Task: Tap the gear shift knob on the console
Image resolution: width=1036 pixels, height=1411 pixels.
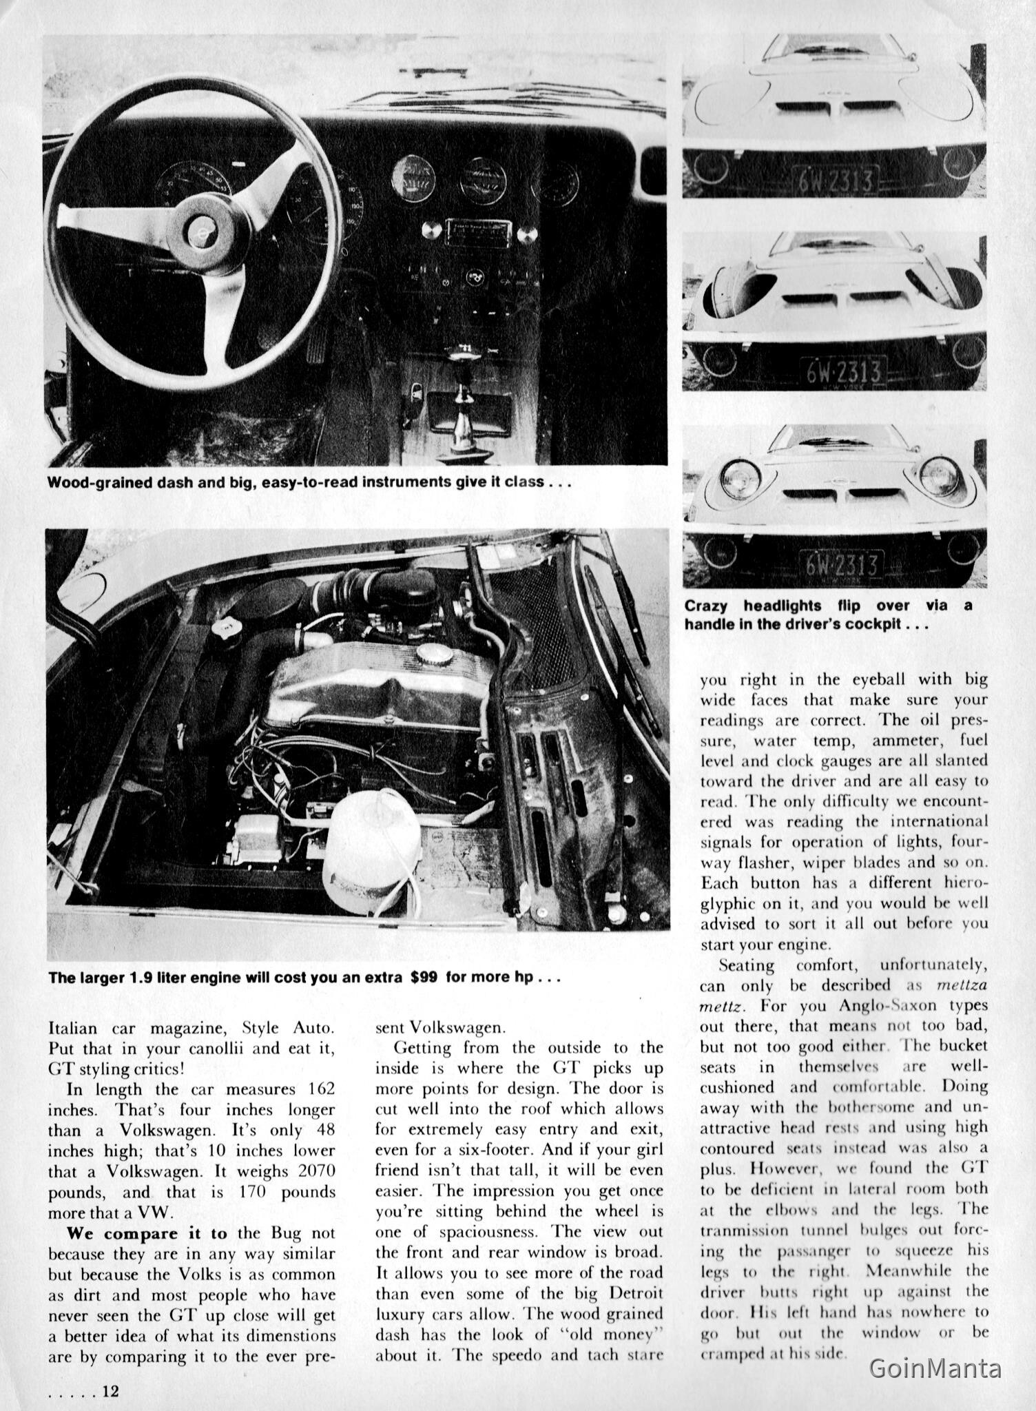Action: click(x=458, y=358)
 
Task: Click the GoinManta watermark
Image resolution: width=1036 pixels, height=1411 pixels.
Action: click(x=935, y=1368)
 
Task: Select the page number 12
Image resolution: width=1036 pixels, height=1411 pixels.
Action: click(x=110, y=1390)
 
